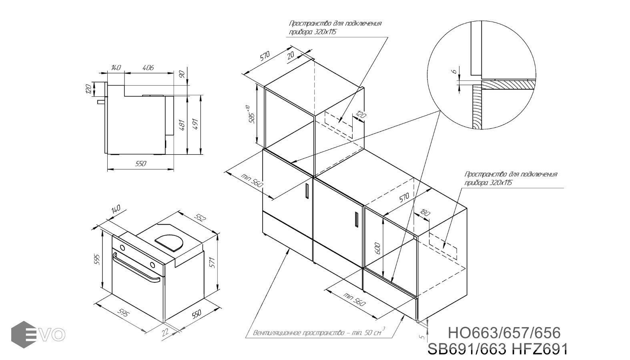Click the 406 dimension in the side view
(148, 68)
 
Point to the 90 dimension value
(182, 74)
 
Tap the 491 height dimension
(195, 124)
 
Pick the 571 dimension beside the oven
(213, 262)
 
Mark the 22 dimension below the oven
(165, 332)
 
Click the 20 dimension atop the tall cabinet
(291, 54)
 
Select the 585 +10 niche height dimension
(252, 115)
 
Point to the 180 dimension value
(425, 213)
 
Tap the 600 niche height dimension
(378, 248)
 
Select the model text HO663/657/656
(504, 333)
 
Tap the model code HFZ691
(539, 349)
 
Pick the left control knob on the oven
(122, 248)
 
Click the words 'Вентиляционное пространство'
(299, 333)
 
